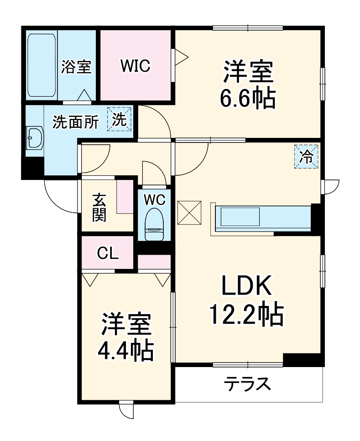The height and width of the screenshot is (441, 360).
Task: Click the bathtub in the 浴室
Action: pyautogui.click(x=42, y=65)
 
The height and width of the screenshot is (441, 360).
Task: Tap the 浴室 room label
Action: pyautogui.click(x=76, y=67)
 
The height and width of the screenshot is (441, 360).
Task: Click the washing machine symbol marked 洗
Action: pyautogui.click(x=120, y=120)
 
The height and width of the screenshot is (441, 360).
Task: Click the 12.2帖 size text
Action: pyautogui.click(x=246, y=315)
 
